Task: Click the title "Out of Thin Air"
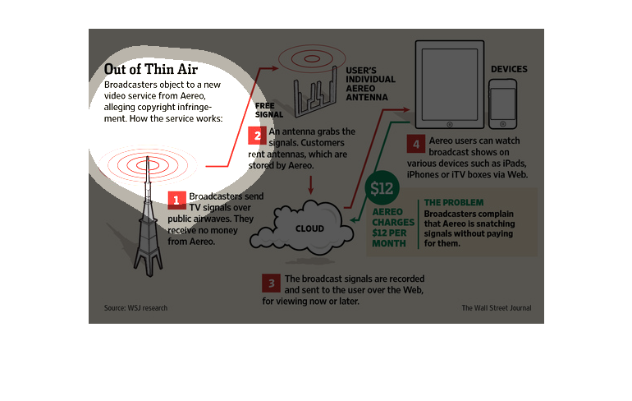coord(151,69)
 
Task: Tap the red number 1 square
coord(176,200)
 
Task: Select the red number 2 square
coord(257,136)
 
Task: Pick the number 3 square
coord(271,283)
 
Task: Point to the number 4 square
coord(416,145)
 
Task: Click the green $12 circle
coord(382,188)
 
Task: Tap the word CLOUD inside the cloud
coord(309,228)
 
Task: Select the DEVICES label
coord(509,69)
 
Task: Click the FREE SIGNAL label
coord(269,110)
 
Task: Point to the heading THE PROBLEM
coord(454,202)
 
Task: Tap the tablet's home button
coord(450,125)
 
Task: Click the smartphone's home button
coord(502,124)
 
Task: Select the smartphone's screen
coord(502,104)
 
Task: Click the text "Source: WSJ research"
coord(135,308)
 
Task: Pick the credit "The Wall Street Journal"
coord(497,308)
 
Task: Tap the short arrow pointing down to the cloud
coord(311,185)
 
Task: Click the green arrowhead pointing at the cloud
coord(354,220)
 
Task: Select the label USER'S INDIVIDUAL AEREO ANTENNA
coord(370,84)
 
